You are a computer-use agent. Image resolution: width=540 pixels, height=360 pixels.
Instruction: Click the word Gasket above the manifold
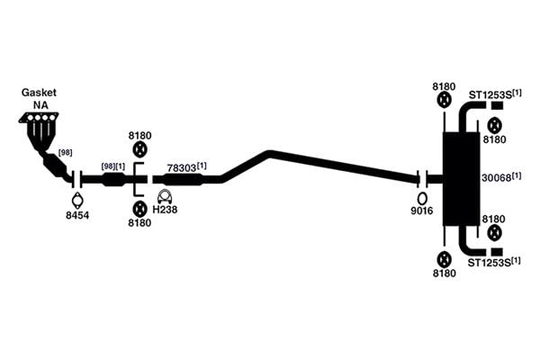coord(39,93)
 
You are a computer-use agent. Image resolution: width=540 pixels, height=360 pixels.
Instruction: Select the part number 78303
coord(182,168)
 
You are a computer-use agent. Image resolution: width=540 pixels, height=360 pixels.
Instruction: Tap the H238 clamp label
coord(165,210)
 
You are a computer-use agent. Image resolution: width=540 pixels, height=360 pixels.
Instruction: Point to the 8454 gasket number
coord(77,216)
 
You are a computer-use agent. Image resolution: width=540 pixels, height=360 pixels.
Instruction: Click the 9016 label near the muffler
coord(422,211)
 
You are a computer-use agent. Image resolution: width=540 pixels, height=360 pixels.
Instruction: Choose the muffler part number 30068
coord(496,178)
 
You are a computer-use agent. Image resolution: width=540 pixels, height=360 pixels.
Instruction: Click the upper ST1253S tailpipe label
coord(490,95)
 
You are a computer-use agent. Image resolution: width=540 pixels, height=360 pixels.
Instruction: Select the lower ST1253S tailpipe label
coord(489,263)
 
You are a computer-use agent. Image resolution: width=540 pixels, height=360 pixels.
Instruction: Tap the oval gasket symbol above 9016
coord(422,199)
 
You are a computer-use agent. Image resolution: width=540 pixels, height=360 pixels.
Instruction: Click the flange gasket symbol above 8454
coord(77,201)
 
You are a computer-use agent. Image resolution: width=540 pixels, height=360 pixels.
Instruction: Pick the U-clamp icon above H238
coord(165,196)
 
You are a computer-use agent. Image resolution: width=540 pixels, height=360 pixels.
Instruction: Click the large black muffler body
coord(461,179)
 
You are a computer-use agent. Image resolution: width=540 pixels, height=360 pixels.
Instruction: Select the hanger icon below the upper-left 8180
coord(139,150)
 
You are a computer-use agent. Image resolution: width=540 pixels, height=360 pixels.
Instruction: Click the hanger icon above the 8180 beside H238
coord(139,209)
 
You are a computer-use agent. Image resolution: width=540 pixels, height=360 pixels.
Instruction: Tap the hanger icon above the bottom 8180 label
coord(445,260)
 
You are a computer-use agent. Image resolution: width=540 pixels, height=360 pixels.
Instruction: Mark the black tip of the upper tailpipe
coord(497,106)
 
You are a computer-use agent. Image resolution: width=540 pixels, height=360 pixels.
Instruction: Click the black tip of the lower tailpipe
coord(497,252)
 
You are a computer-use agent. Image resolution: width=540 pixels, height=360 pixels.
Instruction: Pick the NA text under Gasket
coord(40,105)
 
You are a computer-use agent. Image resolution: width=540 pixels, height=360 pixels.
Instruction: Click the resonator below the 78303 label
coord(183,179)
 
